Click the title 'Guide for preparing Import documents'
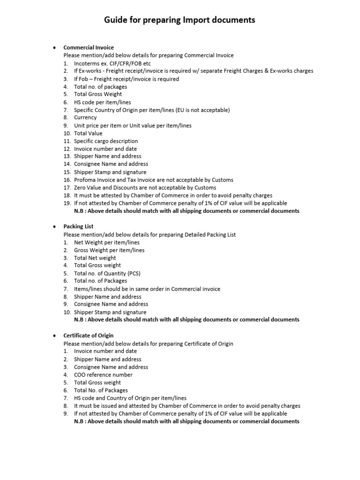(180, 20)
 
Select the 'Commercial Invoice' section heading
(89, 47)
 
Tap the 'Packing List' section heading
(78, 226)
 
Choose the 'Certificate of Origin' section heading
(88, 336)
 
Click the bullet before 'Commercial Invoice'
(54, 48)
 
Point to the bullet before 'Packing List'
(54, 227)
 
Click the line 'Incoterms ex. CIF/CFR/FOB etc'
(112, 63)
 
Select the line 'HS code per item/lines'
(102, 102)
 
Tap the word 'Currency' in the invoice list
(85, 118)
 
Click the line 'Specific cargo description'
(106, 141)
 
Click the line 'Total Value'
(88, 133)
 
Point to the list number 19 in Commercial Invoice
(67, 203)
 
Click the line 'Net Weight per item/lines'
(106, 242)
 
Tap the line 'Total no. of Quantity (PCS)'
(107, 273)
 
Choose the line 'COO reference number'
(103, 375)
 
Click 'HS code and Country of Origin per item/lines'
(130, 398)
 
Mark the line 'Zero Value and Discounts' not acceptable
(145, 187)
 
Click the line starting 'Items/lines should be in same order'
(147, 289)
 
